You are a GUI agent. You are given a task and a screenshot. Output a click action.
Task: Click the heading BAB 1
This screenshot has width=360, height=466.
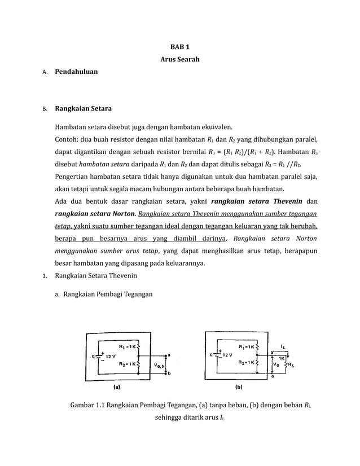click(179, 47)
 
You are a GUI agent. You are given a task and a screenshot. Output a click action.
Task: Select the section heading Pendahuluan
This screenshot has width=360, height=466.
click(76, 72)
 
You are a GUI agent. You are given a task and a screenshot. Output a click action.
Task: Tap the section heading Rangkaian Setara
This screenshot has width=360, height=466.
click(83, 108)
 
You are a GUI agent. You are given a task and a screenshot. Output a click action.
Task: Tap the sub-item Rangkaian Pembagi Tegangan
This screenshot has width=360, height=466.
click(107, 294)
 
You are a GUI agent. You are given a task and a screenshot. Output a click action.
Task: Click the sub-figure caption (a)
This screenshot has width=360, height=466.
click(117, 388)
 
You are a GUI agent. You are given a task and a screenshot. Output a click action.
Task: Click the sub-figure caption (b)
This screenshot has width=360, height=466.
click(239, 388)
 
